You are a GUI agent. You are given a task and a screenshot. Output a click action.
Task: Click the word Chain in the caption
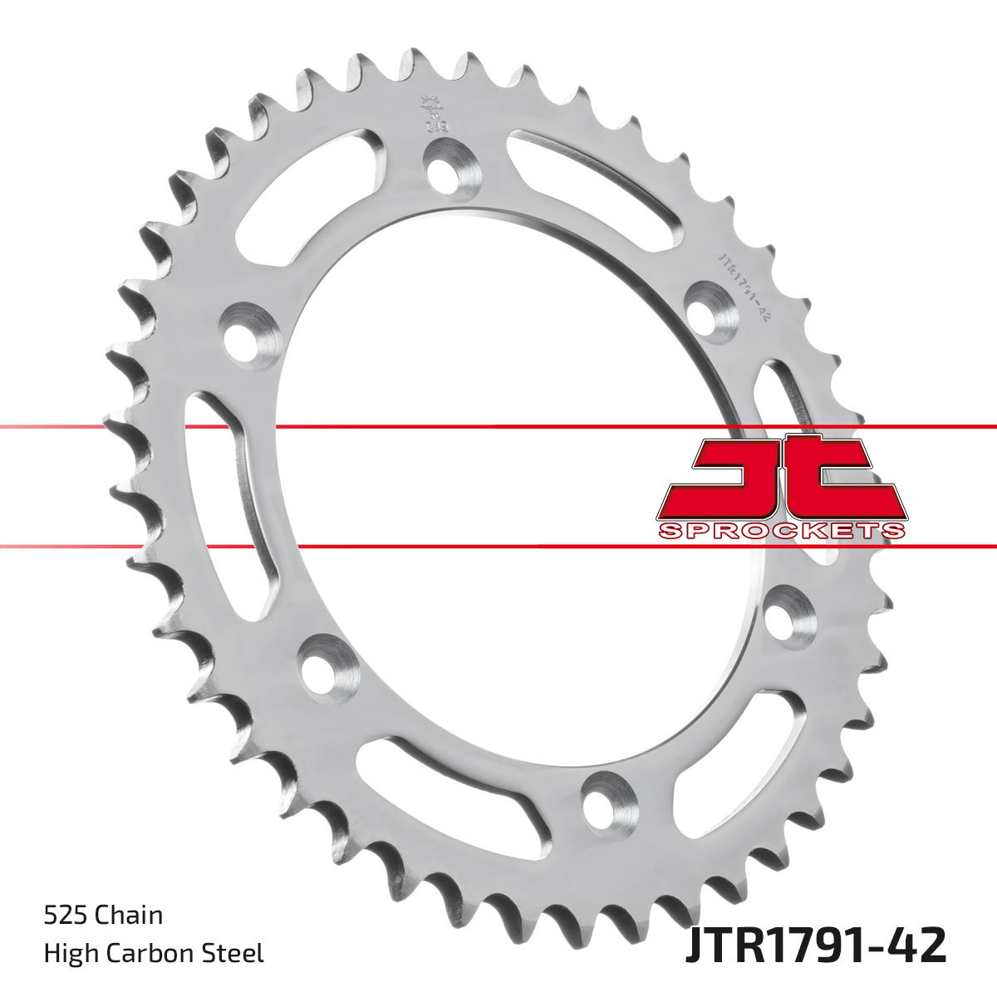[x=129, y=916]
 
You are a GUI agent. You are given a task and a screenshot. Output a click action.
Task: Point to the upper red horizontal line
[x=498, y=427]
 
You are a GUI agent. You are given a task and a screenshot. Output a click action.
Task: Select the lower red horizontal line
[x=498, y=546]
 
